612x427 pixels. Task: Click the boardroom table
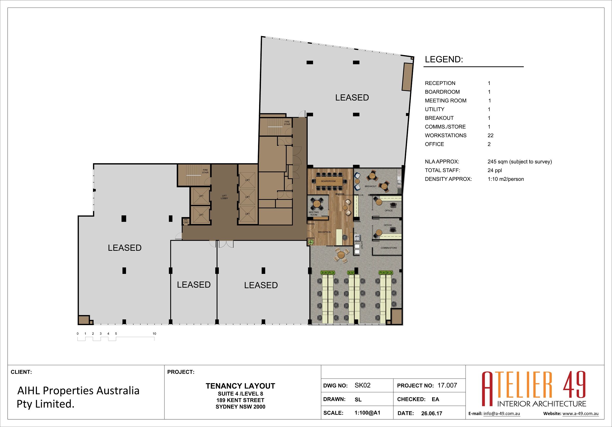(328, 181)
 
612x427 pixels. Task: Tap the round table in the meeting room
(317, 204)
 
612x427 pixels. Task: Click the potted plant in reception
(311, 242)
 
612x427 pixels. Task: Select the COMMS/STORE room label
(389, 248)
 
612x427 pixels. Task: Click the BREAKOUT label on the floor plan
(371, 186)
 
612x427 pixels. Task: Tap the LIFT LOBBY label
(224, 197)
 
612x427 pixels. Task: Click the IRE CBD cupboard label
(186, 221)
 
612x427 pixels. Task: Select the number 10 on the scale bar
(154, 333)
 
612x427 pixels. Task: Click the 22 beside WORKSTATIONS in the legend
(490, 135)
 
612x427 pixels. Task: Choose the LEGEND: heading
(444, 60)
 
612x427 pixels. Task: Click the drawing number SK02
(363, 385)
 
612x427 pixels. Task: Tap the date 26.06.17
(432, 413)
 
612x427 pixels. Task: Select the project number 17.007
(447, 385)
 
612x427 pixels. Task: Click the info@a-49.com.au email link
(502, 414)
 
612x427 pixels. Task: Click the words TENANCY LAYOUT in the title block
(240, 386)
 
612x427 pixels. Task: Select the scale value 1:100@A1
(367, 413)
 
